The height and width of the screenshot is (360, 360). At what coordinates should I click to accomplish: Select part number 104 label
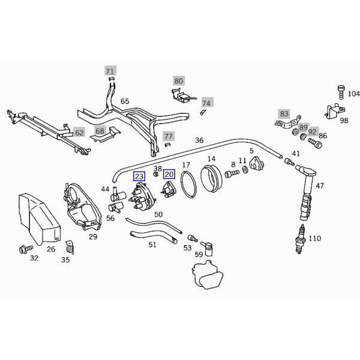click(353, 94)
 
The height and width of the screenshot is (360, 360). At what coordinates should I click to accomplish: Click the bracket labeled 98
click(334, 111)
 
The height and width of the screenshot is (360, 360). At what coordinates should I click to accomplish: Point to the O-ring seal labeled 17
click(188, 184)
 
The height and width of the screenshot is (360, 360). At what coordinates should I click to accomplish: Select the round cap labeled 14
click(211, 178)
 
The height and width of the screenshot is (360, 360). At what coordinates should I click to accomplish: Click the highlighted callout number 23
click(139, 176)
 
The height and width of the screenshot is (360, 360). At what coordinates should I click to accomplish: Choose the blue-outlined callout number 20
click(169, 174)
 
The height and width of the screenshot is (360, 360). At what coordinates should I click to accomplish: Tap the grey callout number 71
click(109, 71)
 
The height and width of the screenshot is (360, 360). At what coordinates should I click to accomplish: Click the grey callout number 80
click(179, 80)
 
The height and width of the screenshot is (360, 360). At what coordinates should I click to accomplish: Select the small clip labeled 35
click(69, 247)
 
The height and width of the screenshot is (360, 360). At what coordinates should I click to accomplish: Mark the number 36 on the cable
click(199, 140)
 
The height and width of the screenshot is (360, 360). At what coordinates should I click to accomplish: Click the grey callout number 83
click(284, 113)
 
